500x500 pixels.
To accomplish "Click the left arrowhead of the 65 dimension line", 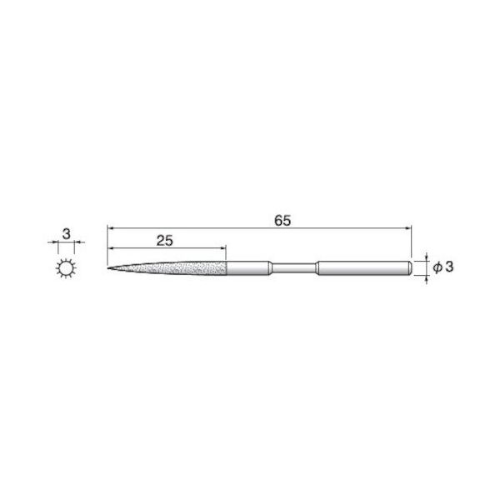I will tap(112, 227).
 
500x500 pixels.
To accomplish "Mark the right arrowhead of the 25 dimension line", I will tap(222, 247).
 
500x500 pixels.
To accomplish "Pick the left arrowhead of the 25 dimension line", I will tap(112, 247).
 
